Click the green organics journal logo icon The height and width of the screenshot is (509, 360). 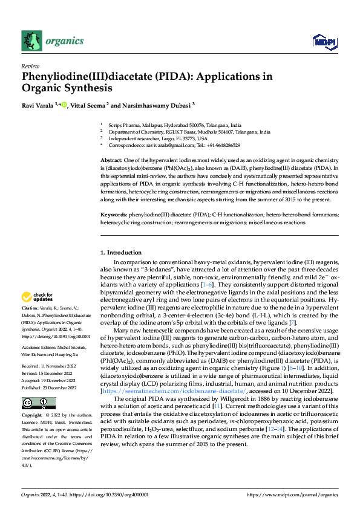click(32, 41)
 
